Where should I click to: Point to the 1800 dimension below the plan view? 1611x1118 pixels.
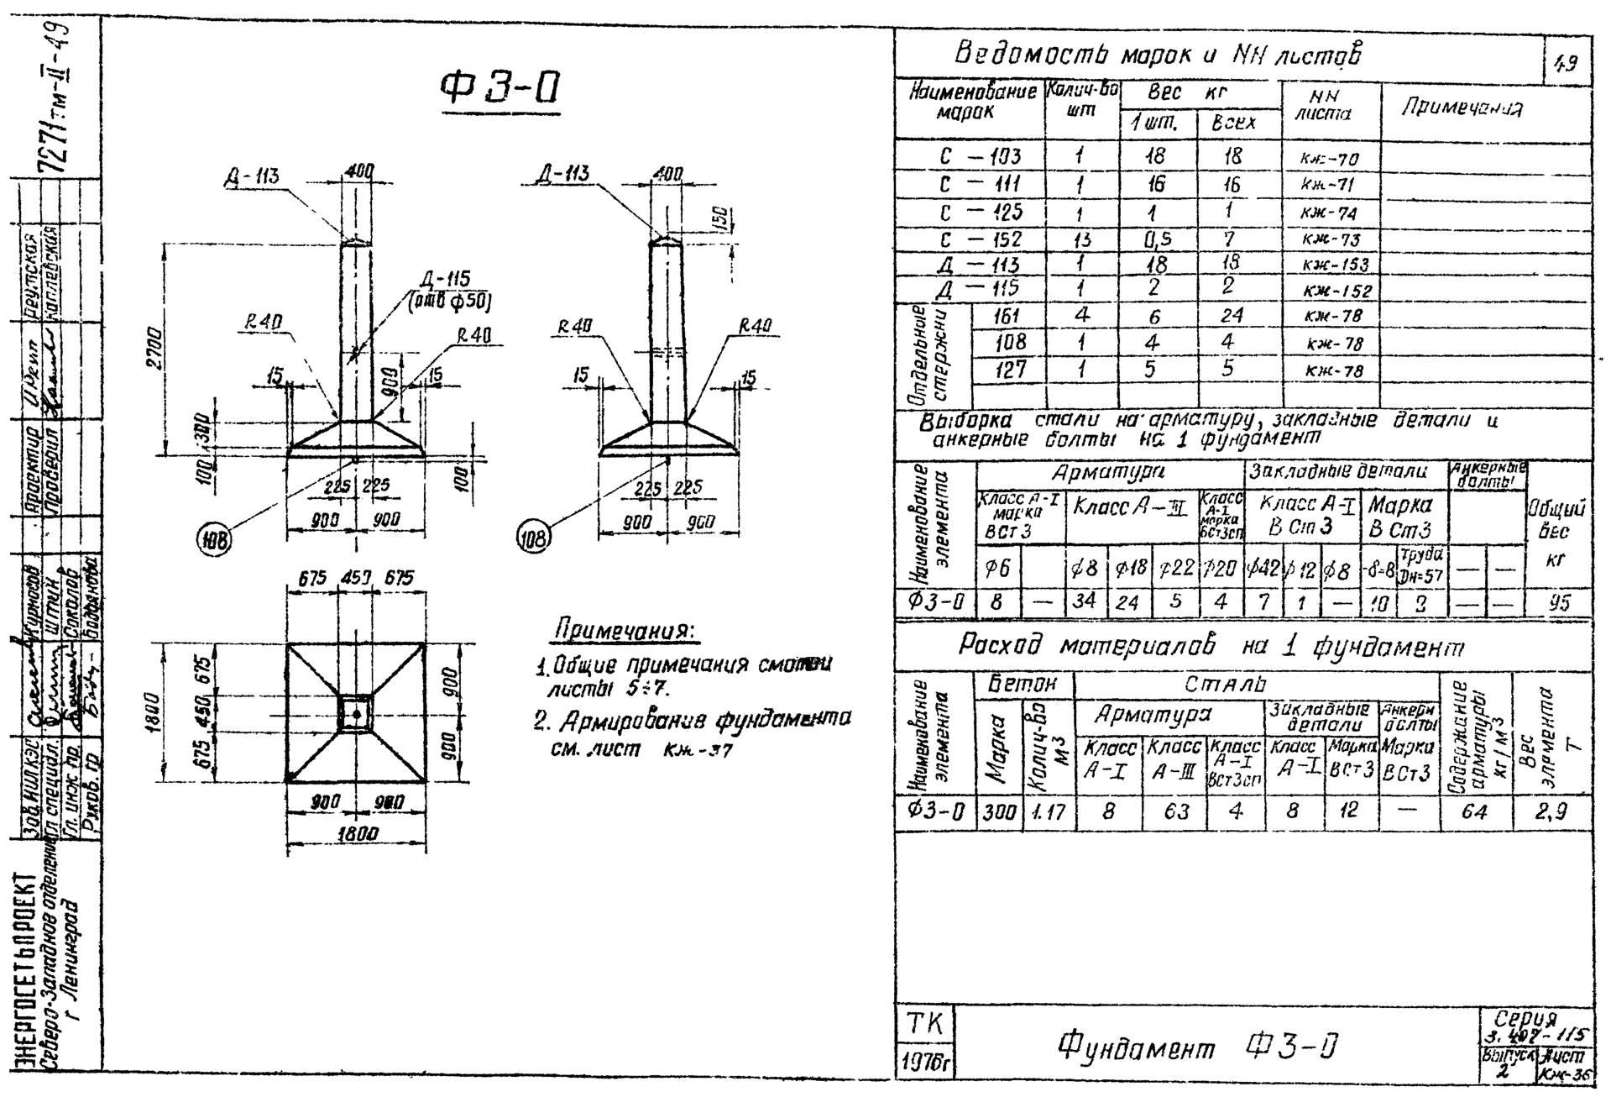(x=357, y=834)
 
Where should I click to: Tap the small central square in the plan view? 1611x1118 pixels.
(x=356, y=713)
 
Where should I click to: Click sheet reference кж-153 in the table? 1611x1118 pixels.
(x=1336, y=265)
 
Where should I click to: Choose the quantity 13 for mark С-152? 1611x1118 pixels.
(x=1081, y=239)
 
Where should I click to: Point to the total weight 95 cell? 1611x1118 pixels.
(x=1558, y=602)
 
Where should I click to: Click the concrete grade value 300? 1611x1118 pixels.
(x=999, y=811)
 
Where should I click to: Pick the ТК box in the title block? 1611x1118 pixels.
(x=923, y=1024)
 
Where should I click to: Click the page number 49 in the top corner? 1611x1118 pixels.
(x=1566, y=65)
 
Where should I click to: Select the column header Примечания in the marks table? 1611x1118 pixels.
(x=1462, y=108)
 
